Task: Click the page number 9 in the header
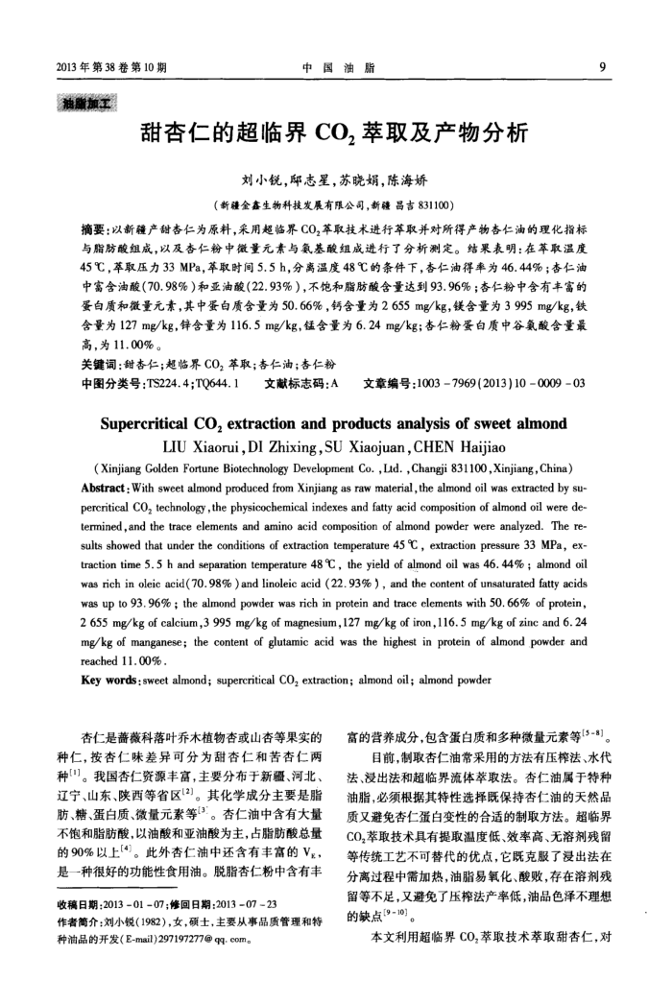(600, 67)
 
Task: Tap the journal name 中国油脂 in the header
(335, 67)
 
